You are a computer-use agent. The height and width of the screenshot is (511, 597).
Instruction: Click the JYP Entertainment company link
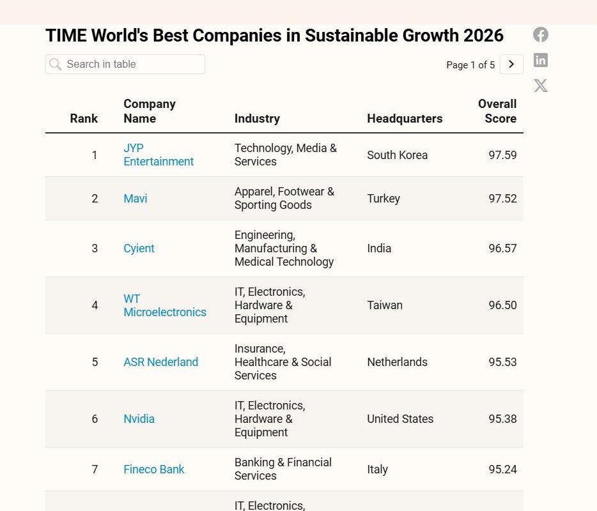coord(158,155)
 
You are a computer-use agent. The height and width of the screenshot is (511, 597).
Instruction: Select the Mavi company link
coord(136,199)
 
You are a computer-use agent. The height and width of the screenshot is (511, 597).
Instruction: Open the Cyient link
coord(139,248)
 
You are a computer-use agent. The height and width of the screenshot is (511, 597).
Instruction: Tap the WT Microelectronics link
coord(164,305)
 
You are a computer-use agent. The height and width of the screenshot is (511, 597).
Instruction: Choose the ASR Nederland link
coord(160,362)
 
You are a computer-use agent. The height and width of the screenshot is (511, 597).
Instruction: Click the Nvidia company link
coord(139,419)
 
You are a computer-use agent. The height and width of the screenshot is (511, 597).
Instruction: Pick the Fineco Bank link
coord(153,469)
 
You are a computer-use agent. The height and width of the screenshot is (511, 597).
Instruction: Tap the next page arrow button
coord(511,65)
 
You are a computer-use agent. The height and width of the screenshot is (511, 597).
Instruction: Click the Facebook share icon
coord(541,35)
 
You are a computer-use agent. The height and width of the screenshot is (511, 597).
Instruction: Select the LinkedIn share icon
coord(541,60)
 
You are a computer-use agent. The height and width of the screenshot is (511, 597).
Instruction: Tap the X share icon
coord(541,86)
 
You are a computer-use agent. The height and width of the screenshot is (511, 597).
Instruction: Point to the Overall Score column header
coord(497,111)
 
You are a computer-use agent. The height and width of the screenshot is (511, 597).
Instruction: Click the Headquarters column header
coord(405,118)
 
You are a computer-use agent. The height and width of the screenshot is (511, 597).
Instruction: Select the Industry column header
coord(257,118)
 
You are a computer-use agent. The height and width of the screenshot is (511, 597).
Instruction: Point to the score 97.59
coord(502,155)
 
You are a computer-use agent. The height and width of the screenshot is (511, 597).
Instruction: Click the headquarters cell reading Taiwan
coord(385,305)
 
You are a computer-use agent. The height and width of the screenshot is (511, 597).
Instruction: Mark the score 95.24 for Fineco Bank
coord(502,469)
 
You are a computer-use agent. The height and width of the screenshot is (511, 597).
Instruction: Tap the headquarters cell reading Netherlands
coord(397,362)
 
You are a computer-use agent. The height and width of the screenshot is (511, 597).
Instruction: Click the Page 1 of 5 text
coord(470,65)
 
